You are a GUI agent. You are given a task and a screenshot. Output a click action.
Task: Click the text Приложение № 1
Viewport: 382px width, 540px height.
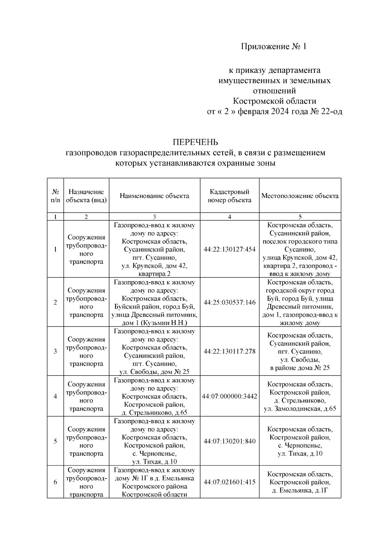point(273,47)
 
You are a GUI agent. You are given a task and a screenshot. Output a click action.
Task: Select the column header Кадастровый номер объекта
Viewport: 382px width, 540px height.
point(229,196)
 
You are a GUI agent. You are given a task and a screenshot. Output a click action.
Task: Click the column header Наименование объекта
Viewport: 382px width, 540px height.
point(154,196)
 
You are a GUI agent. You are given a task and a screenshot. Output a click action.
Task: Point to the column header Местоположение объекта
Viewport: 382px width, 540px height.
point(300,196)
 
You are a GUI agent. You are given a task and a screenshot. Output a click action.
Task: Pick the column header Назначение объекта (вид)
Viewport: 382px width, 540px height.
point(86,196)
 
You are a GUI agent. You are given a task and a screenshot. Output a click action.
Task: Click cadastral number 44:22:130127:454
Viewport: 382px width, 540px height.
point(230,249)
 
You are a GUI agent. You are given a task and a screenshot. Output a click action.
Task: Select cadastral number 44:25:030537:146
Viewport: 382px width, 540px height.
point(230,302)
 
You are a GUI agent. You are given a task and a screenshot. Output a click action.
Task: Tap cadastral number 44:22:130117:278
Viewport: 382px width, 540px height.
point(230,351)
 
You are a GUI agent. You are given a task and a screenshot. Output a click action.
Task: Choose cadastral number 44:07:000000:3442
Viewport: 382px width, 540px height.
point(230,396)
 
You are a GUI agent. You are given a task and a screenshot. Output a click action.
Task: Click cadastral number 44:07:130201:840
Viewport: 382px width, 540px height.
point(230,441)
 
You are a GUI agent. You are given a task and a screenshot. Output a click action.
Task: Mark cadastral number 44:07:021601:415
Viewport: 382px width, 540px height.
point(230,482)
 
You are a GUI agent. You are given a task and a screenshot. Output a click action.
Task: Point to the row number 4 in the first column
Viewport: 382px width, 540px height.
point(55,396)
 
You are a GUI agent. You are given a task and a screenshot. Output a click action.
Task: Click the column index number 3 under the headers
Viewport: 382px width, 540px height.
point(154,217)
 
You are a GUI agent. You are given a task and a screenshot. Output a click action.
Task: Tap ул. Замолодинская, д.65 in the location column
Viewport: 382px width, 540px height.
point(300,409)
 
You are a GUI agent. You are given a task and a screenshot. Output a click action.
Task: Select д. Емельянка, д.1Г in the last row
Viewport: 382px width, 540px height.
point(300,490)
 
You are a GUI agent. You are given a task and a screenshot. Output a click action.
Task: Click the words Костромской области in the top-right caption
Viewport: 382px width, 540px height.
point(274,101)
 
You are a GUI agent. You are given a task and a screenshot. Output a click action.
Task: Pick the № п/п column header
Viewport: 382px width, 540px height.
point(55,196)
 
